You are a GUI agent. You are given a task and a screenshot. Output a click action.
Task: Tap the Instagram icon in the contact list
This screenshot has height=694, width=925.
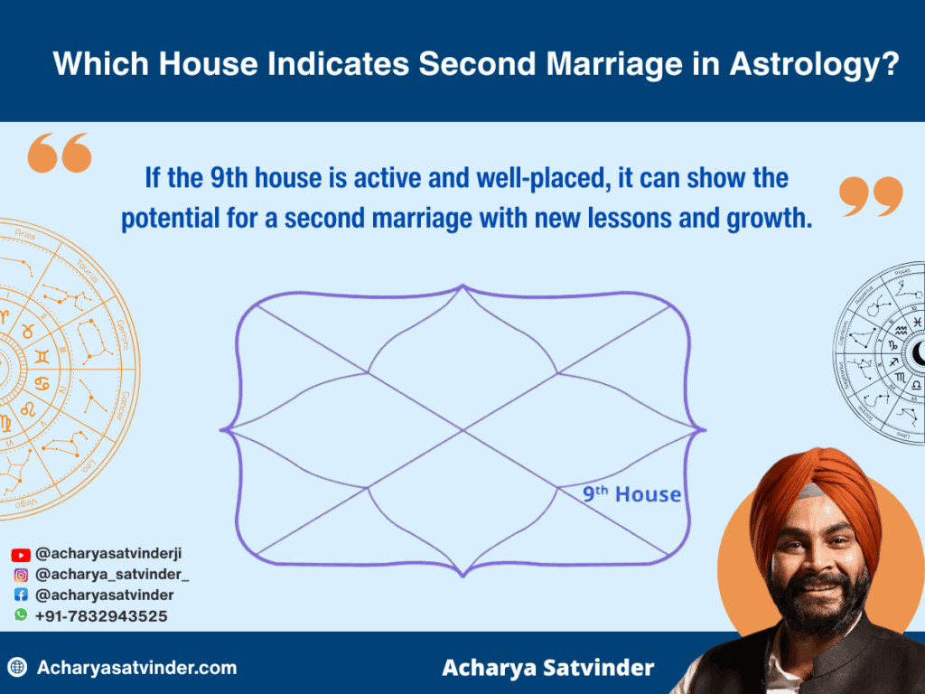[21, 575]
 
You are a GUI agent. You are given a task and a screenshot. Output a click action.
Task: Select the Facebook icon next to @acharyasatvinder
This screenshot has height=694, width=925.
[21, 595]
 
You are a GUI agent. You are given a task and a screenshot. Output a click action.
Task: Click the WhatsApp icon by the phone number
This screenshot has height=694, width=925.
[21, 614]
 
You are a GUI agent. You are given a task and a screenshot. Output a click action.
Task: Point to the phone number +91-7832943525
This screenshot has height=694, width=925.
[100, 615]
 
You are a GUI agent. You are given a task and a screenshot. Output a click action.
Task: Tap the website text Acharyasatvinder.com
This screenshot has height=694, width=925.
[136, 669]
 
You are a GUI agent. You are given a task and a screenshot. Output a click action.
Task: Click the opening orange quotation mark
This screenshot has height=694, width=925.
[60, 154]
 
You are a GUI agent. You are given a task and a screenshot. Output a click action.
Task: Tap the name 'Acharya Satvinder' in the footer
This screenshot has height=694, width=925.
[547, 669]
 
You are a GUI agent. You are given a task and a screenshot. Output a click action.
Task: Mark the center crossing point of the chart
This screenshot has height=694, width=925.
[463, 430]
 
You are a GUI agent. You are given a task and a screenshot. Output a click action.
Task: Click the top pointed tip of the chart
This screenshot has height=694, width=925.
[463, 287]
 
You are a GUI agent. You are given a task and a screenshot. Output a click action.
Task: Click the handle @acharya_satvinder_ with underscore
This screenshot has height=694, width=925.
[112, 575]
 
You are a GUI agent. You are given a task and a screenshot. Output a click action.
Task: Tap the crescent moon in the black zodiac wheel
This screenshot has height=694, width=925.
[918, 353]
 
